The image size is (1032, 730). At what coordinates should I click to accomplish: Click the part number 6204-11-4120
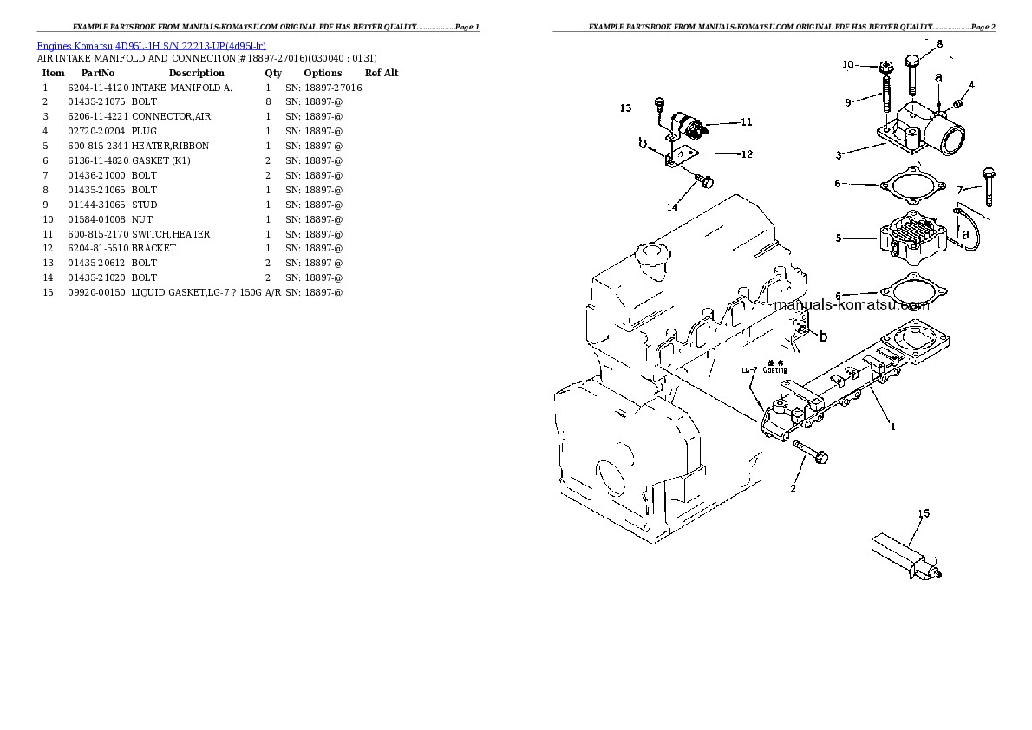(98, 88)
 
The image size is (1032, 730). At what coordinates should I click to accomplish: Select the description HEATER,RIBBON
(170, 146)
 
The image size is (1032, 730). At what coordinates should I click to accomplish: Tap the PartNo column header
(97, 73)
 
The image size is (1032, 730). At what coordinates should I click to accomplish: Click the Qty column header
(272, 73)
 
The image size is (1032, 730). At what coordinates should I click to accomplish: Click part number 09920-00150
(98, 292)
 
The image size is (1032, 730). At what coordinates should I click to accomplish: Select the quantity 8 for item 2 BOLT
(268, 101)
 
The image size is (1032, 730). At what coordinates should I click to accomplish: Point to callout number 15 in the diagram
(924, 513)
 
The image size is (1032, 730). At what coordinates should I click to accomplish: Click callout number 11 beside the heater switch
(746, 122)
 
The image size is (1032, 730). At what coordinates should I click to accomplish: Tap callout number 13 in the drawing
(626, 108)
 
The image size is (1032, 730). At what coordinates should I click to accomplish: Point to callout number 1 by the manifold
(892, 426)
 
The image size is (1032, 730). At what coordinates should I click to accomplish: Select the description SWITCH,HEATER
(171, 234)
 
